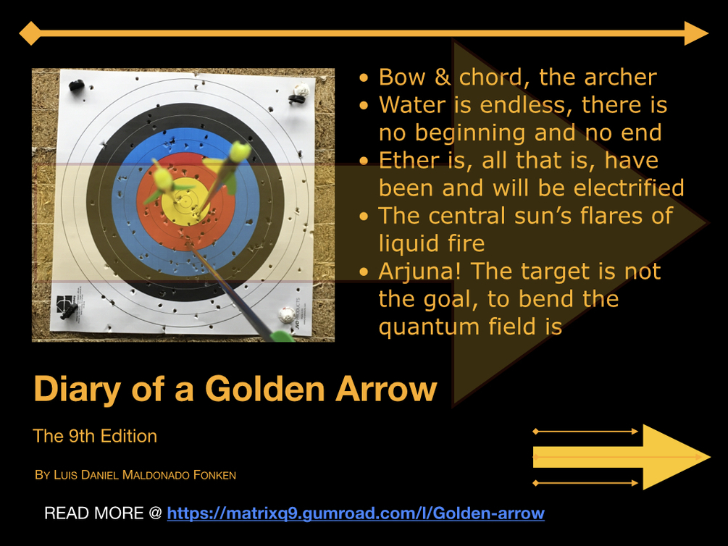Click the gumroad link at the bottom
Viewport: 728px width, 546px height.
pyautogui.click(x=356, y=513)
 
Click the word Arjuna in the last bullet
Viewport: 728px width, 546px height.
pyautogui.click(x=416, y=271)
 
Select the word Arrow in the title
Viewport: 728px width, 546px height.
pyautogui.click(x=386, y=389)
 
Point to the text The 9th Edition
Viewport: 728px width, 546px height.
pyautogui.click(x=95, y=437)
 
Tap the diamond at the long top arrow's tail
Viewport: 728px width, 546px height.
pyautogui.click(x=30, y=33)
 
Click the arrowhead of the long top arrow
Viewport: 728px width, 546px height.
pyautogui.click(x=696, y=33)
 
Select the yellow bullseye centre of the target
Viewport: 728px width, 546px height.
pyautogui.click(x=185, y=202)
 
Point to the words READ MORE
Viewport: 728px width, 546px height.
pyautogui.click(x=93, y=513)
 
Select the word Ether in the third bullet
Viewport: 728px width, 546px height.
pyautogui.click(x=409, y=161)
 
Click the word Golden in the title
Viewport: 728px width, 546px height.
pyautogui.click(x=264, y=389)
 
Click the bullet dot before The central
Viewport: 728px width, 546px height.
pyautogui.click(x=364, y=217)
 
